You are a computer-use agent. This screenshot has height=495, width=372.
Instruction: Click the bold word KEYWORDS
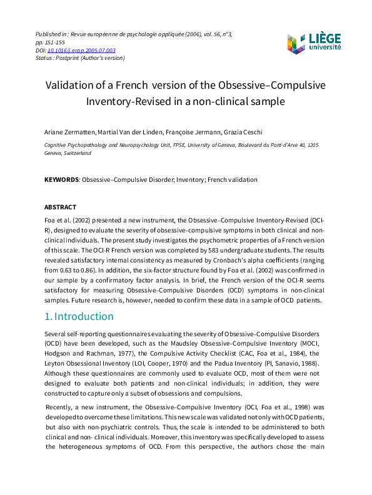tap(61, 180)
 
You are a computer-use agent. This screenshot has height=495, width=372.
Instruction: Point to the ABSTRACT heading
tap(60, 207)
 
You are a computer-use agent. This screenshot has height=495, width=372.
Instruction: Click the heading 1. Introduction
tap(79, 316)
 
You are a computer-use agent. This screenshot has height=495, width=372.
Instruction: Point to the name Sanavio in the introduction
tap(303, 362)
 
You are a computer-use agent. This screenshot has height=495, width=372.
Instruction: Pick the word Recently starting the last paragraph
tap(61, 407)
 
